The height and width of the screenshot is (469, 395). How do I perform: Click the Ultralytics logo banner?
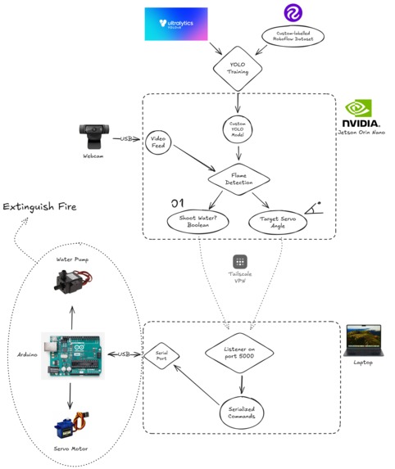pyautogui.click(x=176, y=24)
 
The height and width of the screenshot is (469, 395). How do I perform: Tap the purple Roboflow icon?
pyautogui.click(x=293, y=13)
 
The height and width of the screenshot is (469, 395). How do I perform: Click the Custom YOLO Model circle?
pyautogui.click(x=237, y=130)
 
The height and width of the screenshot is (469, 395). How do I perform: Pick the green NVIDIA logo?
pyautogui.click(x=358, y=109)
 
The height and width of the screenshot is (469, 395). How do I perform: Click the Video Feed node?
pyautogui.click(x=159, y=143)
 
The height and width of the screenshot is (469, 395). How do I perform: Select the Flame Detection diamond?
pyautogui.click(x=238, y=178)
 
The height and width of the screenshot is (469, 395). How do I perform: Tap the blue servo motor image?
pyautogui.click(x=71, y=426)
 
